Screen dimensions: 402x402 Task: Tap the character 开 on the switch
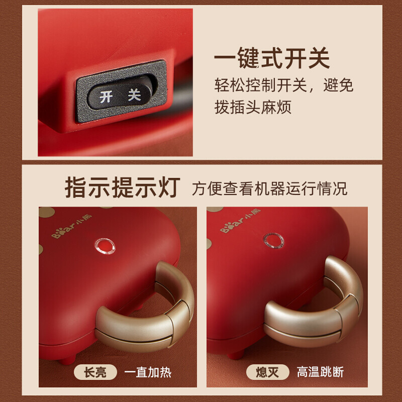(x=107, y=96)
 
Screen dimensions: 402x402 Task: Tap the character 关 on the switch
(x=134, y=94)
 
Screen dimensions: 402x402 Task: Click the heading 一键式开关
(x=272, y=59)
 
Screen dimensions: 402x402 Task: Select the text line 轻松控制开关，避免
(x=284, y=85)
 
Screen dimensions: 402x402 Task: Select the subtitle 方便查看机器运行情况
(x=269, y=189)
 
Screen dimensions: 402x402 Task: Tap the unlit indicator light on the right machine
(x=272, y=241)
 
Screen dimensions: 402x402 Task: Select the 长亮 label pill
(x=95, y=372)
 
